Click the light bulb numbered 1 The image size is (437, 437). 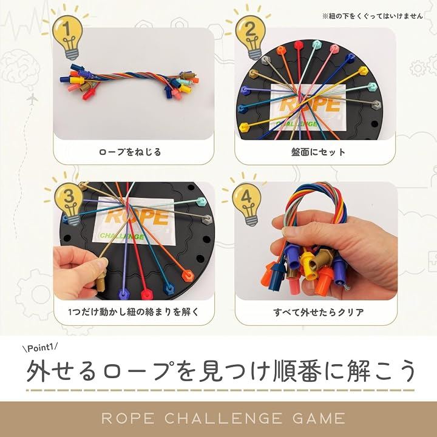tap(67, 36)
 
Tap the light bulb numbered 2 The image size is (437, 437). tap(250, 36)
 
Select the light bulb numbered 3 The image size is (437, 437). tap(69, 203)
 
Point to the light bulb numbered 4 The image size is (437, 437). tap(246, 203)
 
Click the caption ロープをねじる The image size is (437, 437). tap(130, 152)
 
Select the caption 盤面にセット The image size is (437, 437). tap(318, 152)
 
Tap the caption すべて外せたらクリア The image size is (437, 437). tap(319, 312)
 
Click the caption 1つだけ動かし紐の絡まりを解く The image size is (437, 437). tap(134, 312)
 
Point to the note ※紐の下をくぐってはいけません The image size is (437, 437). tap(373, 16)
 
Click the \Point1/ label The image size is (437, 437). tap(40, 348)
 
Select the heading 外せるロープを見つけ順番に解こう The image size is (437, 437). tap(221, 371)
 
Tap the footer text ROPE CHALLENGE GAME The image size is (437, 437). tap(223, 419)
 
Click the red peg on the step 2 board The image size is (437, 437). tap(298, 45)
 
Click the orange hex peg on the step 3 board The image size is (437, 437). tap(188, 276)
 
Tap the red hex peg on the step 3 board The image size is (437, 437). tap(146, 294)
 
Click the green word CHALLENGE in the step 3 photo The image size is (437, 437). tap(122, 236)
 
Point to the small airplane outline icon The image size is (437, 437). tap(32, 98)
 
